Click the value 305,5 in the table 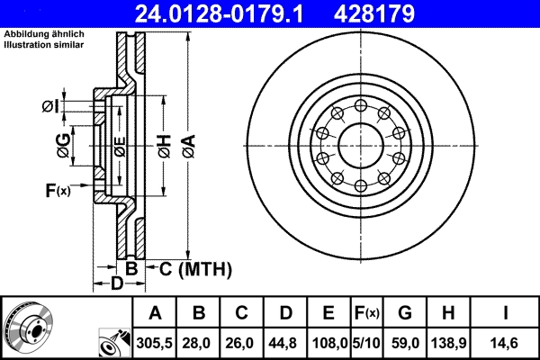(x=155, y=343)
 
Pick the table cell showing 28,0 (x=199, y=343)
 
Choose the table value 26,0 (x=242, y=343)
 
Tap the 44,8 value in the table (x=285, y=343)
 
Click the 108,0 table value (x=328, y=343)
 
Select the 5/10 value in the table (x=366, y=343)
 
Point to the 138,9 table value (x=447, y=343)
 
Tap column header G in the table (x=405, y=314)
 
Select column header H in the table (x=447, y=314)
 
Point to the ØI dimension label (x=50, y=107)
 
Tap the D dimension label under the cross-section (x=116, y=285)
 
